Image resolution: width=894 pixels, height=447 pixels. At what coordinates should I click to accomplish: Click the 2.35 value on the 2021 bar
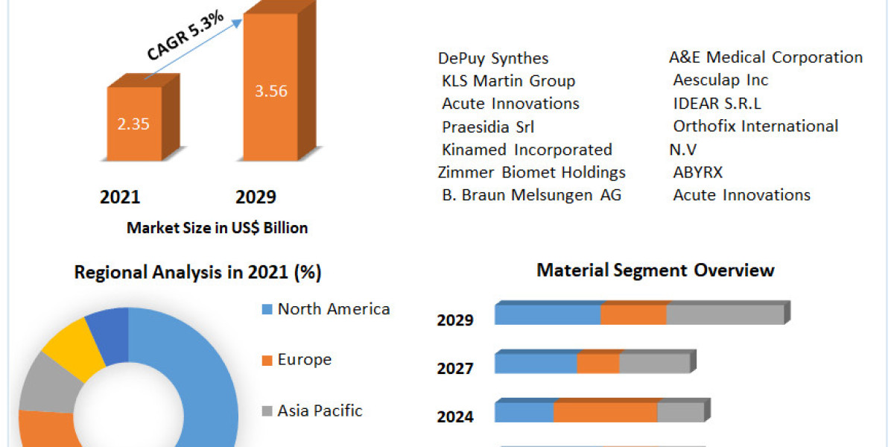(133, 124)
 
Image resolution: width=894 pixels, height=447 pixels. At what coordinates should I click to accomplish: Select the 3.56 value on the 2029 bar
(271, 92)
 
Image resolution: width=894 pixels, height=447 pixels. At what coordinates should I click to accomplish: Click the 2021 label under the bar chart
(120, 197)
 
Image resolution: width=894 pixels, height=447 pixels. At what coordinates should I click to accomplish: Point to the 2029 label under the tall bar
(256, 197)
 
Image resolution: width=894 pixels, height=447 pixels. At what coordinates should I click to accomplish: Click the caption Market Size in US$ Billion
(217, 228)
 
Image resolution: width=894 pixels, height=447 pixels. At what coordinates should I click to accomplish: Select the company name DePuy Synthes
(493, 58)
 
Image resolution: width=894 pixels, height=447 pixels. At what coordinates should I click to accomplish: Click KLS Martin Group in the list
(508, 80)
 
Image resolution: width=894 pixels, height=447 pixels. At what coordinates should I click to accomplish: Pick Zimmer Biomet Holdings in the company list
(532, 172)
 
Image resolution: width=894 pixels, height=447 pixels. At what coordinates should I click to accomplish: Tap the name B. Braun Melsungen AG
(531, 195)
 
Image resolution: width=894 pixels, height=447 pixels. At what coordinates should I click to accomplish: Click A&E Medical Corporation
(766, 57)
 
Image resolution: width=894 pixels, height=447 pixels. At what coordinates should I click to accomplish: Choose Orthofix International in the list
(755, 127)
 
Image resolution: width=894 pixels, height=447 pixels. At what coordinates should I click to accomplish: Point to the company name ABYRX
(697, 173)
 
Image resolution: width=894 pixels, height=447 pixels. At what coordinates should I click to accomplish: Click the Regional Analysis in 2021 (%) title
(197, 273)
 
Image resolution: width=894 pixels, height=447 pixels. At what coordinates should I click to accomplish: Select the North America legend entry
(333, 308)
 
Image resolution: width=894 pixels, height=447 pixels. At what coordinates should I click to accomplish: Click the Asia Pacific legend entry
(320, 410)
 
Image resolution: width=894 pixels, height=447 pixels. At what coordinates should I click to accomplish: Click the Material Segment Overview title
(656, 270)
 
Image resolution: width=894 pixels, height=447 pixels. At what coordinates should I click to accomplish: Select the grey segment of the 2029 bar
(724, 314)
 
